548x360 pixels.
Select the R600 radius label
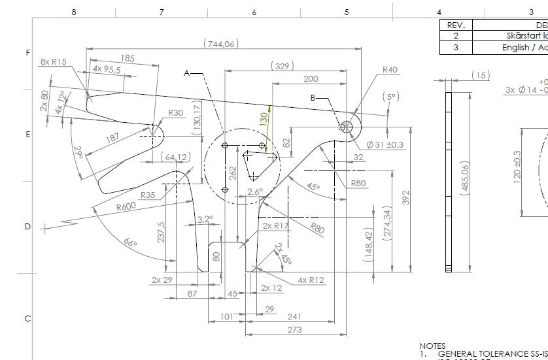point(129,207)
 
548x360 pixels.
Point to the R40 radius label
point(390,70)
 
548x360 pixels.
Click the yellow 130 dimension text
point(264,120)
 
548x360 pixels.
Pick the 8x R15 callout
point(54,61)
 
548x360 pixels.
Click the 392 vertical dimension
point(405,198)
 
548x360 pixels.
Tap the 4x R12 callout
point(311,280)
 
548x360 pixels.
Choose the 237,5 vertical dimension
point(162,231)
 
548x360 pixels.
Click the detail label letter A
point(186,73)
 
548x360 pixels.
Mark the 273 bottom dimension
point(294,329)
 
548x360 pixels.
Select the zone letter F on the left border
point(27,52)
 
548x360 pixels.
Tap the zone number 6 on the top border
point(254,12)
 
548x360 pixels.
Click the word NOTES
point(432,346)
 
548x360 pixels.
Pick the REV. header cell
point(456,25)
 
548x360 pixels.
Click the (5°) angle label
point(390,97)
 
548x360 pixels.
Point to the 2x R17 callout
point(275,225)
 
